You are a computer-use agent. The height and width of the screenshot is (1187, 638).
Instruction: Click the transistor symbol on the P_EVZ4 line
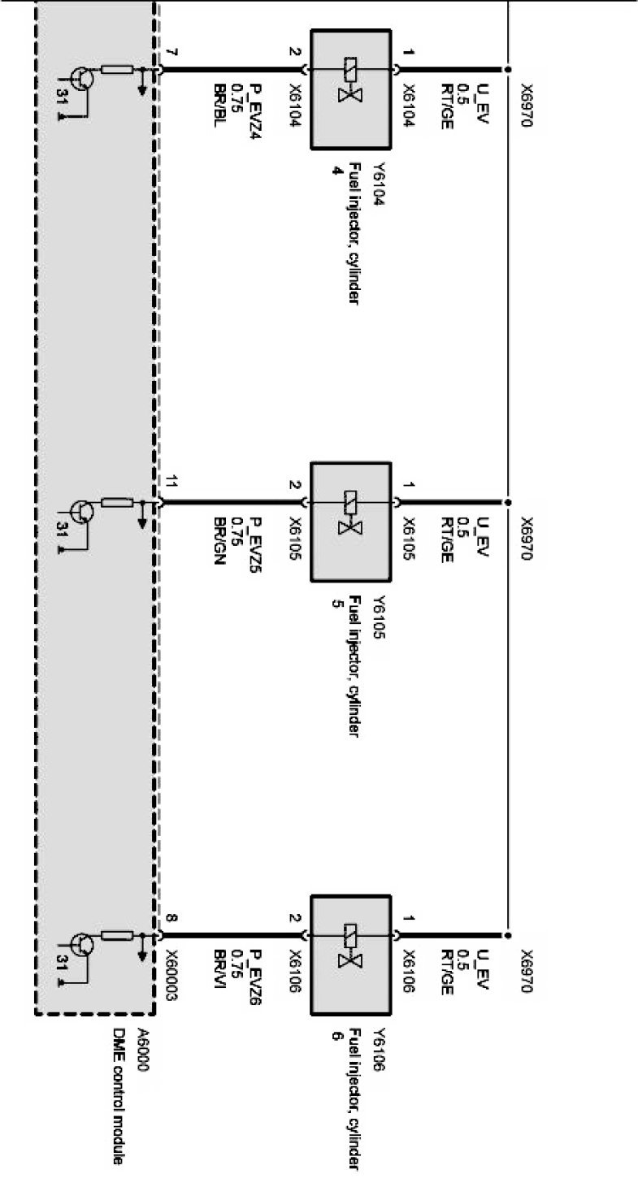[x=80, y=80]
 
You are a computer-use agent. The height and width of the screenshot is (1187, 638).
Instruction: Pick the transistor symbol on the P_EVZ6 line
[x=80, y=945]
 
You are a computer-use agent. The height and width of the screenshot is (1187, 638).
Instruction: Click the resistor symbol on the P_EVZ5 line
[x=117, y=504]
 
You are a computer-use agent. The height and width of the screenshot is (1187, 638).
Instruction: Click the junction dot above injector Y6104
[x=507, y=70]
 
